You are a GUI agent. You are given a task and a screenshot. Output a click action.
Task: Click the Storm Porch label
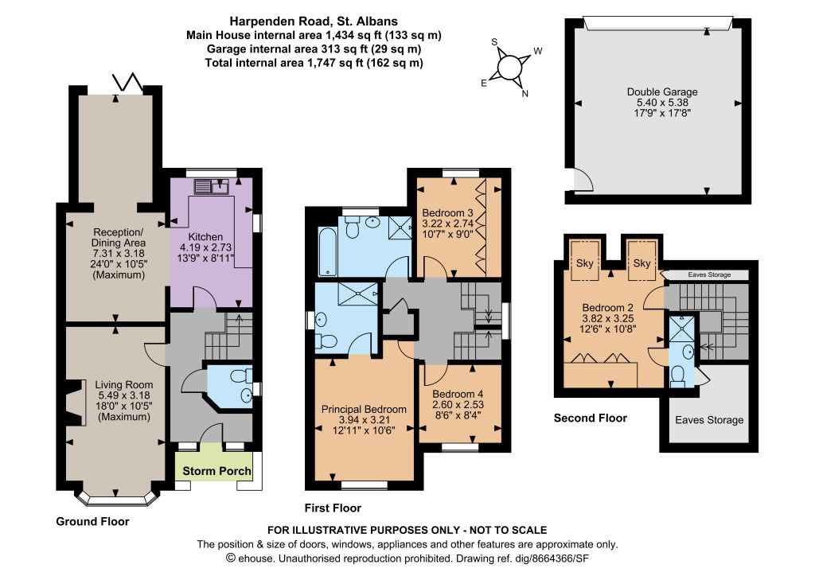(216, 471)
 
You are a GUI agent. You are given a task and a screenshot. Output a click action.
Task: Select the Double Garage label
(662, 92)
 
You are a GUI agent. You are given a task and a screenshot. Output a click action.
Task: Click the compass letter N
(525, 94)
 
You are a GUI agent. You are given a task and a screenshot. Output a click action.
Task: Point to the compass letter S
(494, 42)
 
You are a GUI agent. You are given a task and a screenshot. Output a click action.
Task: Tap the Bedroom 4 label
(458, 394)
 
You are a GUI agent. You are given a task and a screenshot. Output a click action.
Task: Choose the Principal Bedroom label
(364, 409)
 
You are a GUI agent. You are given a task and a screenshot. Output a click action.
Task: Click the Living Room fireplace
(77, 403)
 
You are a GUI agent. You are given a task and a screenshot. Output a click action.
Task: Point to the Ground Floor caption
(92, 521)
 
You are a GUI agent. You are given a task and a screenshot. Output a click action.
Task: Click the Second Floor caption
(591, 418)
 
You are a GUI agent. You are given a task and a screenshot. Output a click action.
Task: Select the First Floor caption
(333, 508)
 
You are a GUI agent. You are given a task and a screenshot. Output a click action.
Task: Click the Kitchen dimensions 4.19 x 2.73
(206, 247)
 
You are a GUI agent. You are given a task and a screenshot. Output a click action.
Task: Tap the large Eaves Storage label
(709, 419)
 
